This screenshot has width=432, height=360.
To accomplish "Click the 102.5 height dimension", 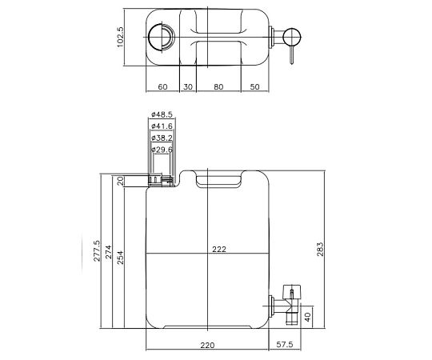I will point(121,36).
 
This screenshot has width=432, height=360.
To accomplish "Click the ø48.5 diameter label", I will point(162,114).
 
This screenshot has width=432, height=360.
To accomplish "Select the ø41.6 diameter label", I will point(162,126).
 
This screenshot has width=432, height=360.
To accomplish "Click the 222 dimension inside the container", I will point(219,250).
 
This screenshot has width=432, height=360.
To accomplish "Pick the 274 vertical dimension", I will point(109,252).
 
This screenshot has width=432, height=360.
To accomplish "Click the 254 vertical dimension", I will point(121,254).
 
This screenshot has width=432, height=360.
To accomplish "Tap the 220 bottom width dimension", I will point(208,346).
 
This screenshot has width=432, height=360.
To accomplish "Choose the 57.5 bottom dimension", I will point(285,346).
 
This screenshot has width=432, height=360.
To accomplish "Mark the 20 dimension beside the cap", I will point(121,181).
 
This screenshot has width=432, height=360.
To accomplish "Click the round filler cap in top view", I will point(161,36).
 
